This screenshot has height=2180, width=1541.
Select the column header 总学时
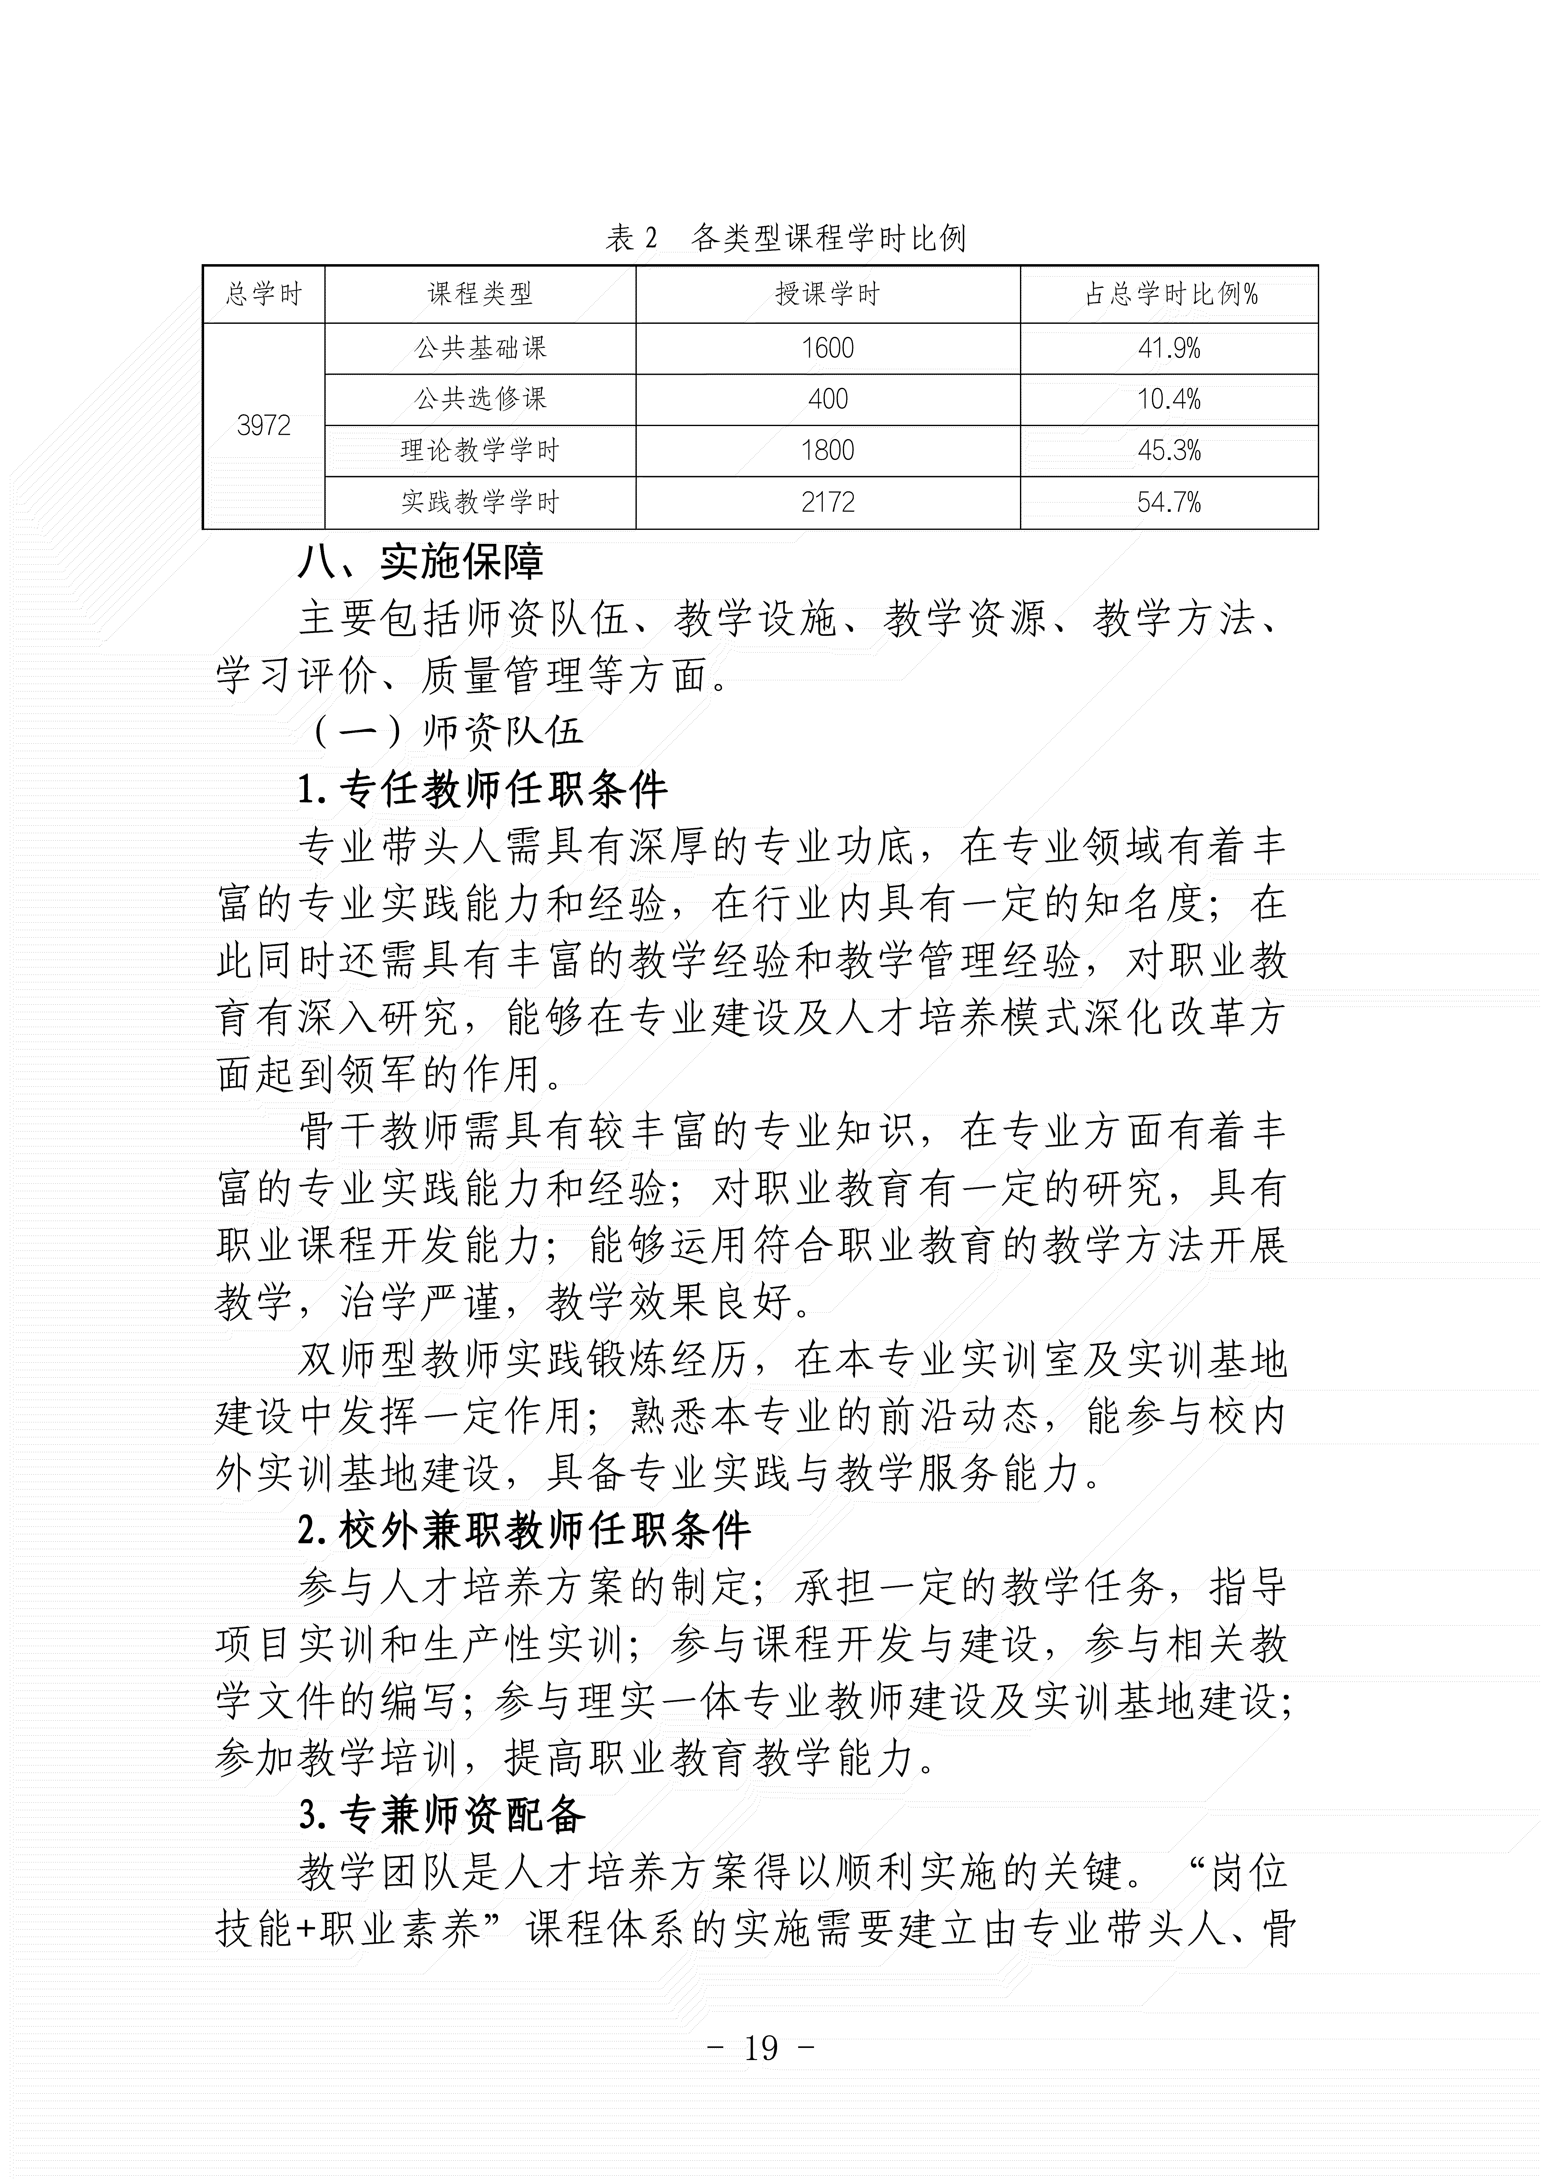263,294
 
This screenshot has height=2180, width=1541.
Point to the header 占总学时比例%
1169,294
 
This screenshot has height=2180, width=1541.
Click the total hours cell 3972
263,425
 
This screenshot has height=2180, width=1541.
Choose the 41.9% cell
1169,348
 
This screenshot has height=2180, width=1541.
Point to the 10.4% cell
1169,399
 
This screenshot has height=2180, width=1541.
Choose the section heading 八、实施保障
421,562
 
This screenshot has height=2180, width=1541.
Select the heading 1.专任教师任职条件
482,788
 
